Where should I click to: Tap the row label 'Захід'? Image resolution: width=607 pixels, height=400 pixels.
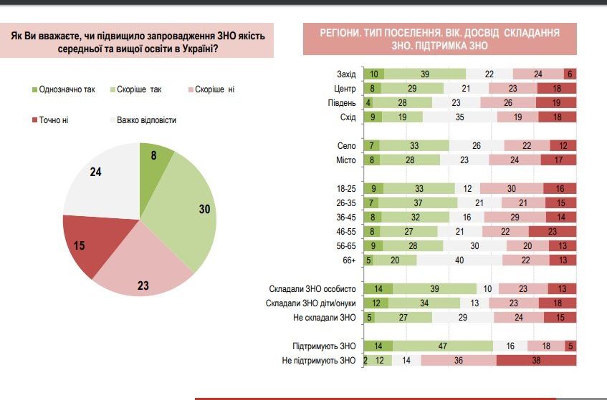[x=345, y=74]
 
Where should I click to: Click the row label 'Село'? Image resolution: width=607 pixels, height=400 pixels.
[x=347, y=145]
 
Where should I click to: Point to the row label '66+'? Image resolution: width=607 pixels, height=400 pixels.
[x=349, y=260]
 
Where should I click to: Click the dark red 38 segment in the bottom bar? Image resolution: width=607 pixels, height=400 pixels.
[x=536, y=361]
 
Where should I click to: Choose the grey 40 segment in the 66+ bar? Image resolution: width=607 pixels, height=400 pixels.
[x=459, y=260]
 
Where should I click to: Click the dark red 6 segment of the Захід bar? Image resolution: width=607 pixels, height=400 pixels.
[x=570, y=74]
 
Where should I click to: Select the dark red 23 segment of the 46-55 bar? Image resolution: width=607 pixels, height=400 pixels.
[x=553, y=232]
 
